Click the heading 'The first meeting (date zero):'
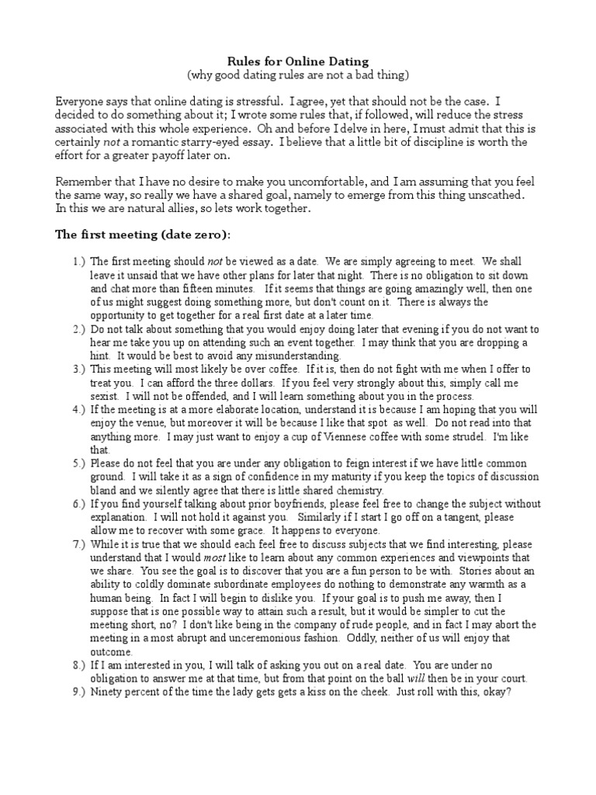pos(142,235)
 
